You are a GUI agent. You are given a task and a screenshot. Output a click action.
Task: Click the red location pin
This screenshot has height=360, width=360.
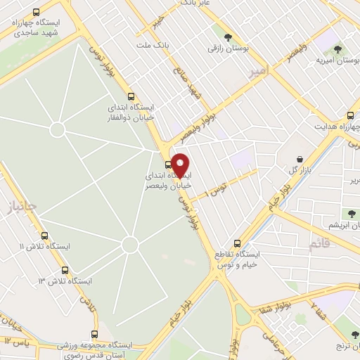tap(180, 165)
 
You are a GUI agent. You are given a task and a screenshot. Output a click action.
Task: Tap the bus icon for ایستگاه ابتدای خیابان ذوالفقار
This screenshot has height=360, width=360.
tap(130, 96)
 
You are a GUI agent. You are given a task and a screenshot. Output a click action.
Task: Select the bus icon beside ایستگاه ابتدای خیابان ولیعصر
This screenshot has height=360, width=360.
tap(167, 165)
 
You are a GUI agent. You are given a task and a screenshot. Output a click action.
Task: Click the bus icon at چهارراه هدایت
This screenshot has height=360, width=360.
tap(350, 116)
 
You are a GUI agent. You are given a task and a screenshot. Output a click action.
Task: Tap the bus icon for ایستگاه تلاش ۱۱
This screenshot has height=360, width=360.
tap(45, 236)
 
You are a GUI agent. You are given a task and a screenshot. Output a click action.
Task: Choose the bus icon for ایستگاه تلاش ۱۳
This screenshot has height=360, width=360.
tap(65, 270)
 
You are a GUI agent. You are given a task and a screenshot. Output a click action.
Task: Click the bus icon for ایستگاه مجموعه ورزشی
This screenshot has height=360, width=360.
tap(96, 335)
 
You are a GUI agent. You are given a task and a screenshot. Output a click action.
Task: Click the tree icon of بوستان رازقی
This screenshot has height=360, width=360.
tap(226, 37)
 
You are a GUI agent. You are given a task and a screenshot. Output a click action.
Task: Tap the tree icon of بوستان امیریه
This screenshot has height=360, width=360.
tap(338, 50)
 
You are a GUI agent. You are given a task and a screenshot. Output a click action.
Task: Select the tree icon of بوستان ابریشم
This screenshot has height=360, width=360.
tap(351, 213)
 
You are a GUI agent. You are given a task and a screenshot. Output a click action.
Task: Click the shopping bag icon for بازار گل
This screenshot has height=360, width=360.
tap(301, 159)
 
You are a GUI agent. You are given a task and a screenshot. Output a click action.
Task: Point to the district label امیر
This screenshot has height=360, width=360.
tap(258, 70)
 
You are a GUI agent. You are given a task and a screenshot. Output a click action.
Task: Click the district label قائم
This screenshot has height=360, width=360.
tap(318, 243)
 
